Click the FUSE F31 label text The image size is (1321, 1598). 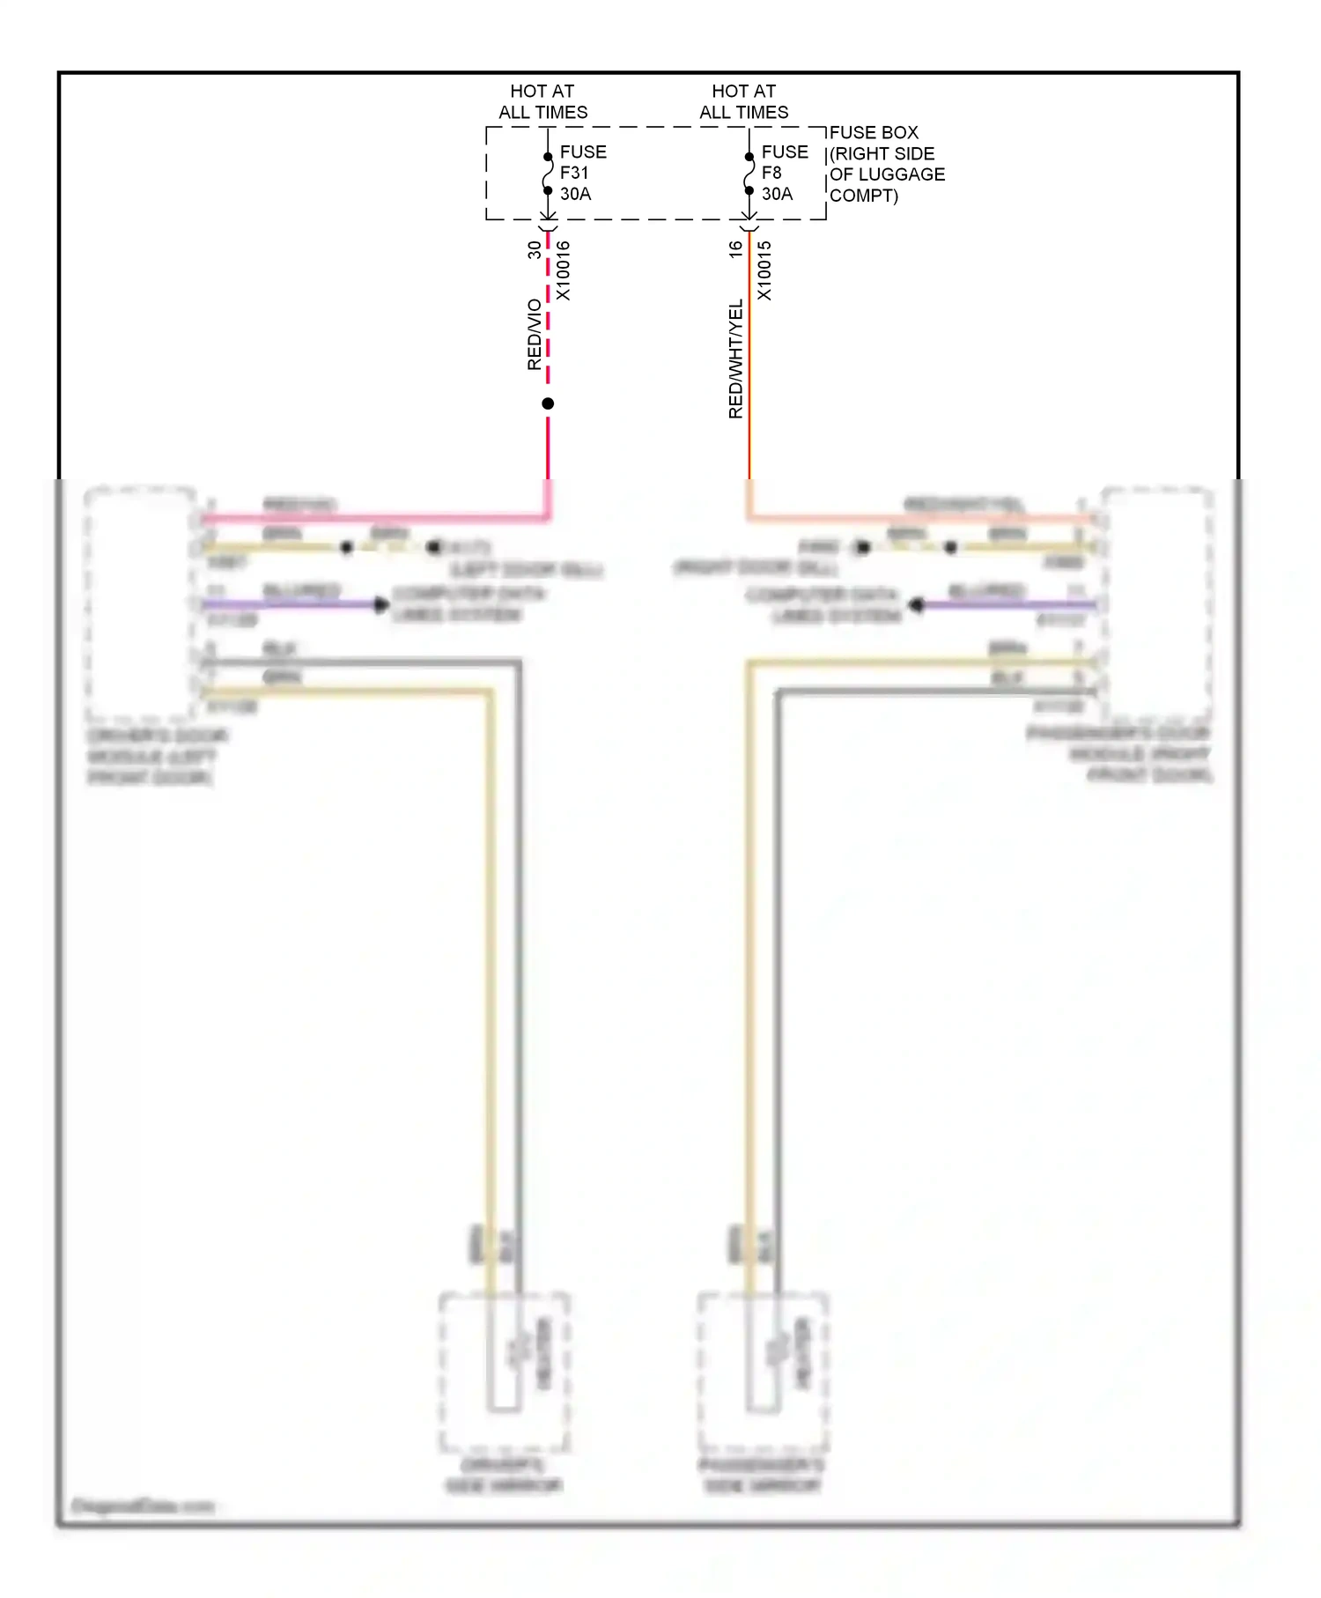(581, 173)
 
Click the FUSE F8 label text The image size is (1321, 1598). (783, 173)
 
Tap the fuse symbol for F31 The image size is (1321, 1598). (548, 174)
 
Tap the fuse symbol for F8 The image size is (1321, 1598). (749, 174)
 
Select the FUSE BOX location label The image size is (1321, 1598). (886, 164)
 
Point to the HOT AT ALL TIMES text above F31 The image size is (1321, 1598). (542, 101)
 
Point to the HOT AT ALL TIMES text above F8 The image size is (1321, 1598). (744, 101)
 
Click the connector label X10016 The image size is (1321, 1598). (564, 270)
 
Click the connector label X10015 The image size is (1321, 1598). (764, 270)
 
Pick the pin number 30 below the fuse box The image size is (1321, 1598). (535, 250)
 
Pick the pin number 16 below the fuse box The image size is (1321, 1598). (735, 250)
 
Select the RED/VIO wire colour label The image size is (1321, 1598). (535, 335)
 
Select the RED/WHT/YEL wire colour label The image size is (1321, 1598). (736, 359)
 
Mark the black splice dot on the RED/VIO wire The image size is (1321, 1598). (548, 403)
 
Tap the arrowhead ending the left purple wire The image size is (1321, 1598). (381, 604)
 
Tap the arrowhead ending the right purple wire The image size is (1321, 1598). (917, 605)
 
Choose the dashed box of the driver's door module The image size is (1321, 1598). (140, 603)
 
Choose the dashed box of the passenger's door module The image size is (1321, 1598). (1156, 603)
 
